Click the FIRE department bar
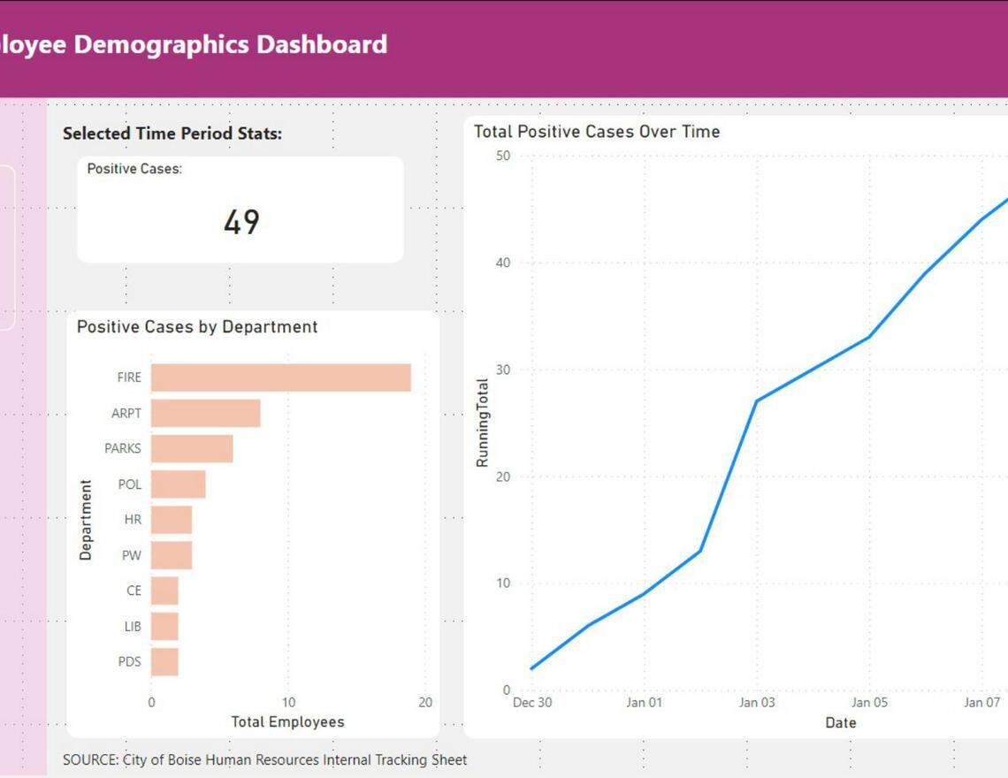280,378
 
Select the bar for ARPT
205,413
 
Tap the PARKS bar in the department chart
192,448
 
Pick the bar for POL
178,484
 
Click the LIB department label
132,627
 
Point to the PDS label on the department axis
129,662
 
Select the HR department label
132,520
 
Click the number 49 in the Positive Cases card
241,222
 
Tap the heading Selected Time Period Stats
172,133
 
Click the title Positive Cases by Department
197,327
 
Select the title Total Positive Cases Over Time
597,132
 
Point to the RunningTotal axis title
483,423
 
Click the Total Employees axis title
287,722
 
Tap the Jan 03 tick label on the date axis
756,703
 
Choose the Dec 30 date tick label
531,703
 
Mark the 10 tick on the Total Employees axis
288,703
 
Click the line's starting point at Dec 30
531,668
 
